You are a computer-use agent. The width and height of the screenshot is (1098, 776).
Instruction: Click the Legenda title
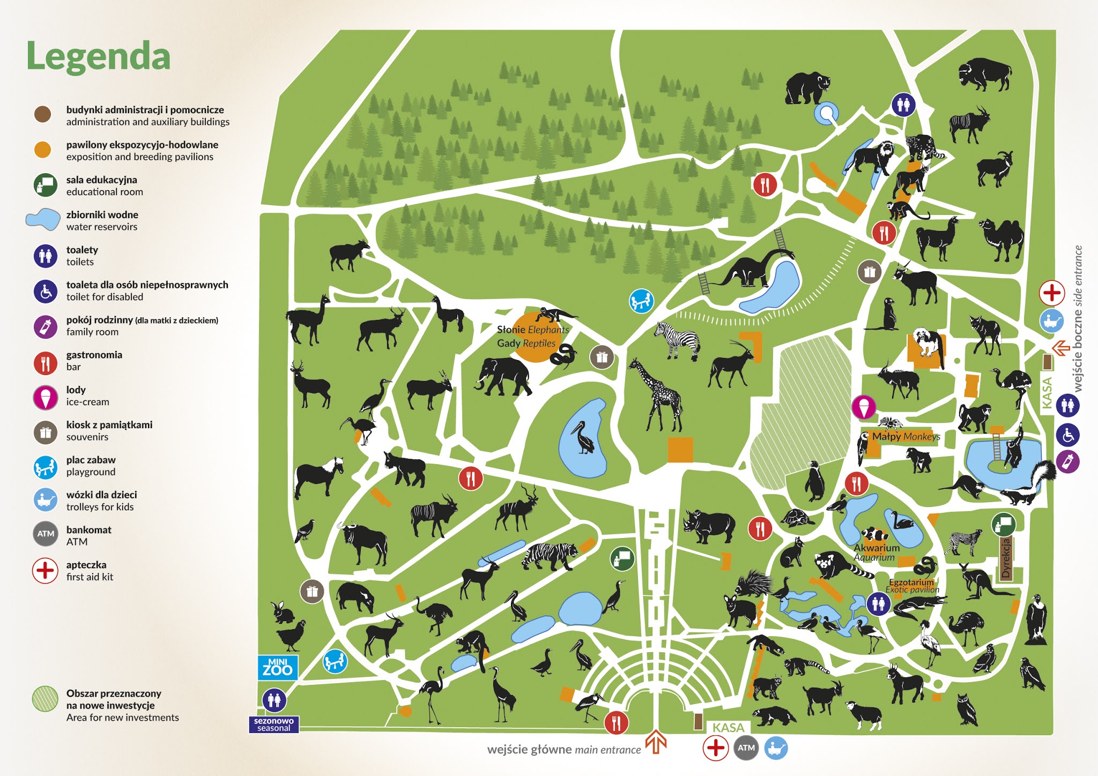point(98,56)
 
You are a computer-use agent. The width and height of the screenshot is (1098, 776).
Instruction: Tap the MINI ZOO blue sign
point(277,667)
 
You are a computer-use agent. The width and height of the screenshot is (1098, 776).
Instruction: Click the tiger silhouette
point(550,555)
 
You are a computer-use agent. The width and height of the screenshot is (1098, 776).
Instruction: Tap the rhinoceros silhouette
point(709,525)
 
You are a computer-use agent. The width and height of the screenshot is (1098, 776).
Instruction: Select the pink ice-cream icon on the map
point(863,407)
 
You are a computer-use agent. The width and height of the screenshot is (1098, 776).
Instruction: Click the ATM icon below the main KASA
point(746,748)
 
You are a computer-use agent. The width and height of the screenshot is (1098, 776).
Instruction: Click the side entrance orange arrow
point(1060,348)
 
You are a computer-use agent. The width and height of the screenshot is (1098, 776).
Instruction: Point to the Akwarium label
point(876,548)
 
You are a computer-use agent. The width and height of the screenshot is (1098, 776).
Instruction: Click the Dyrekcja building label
point(1006,558)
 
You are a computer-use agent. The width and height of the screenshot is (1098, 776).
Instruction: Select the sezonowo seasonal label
point(273,725)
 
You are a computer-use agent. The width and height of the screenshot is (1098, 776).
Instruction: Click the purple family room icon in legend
point(46,326)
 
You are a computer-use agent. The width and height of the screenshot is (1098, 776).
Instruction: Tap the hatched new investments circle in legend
point(45,699)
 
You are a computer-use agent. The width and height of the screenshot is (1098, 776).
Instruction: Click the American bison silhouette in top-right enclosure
point(984,74)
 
